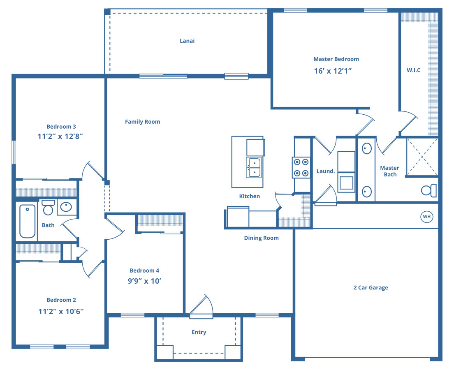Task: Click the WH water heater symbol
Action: pyautogui.click(x=426, y=217)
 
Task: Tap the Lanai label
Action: pyautogui.click(x=187, y=41)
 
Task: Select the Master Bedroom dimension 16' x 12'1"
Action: pyautogui.click(x=333, y=71)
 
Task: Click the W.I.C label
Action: pyautogui.click(x=413, y=70)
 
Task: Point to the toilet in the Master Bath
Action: pyautogui.click(x=429, y=190)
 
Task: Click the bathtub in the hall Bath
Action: pyautogui.click(x=28, y=221)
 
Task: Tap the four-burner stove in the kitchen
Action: pyautogui.click(x=301, y=167)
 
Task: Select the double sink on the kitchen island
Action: pyautogui.click(x=253, y=167)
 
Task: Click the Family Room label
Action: pyautogui.click(x=142, y=122)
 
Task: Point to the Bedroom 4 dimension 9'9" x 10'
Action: pyautogui.click(x=144, y=281)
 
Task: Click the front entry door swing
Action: pyautogui.click(x=202, y=306)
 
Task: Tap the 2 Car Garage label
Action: pyautogui.click(x=371, y=287)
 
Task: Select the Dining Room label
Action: pyautogui.click(x=261, y=238)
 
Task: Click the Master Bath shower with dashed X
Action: pyautogui.click(x=422, y=157)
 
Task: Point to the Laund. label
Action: pyautogui.click(x=325, y=171)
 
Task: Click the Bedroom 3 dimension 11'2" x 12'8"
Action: pyautogui.click(x=60, y=136)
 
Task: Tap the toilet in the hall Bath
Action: pyautogui.click(x=48, y=207)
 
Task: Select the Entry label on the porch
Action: pyautogui.click(x=199, y=332)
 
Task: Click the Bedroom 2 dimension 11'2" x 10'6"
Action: pyautogui.click(x=61, y=311)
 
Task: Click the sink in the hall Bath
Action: pyautogui.click(x=66, y=207)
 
